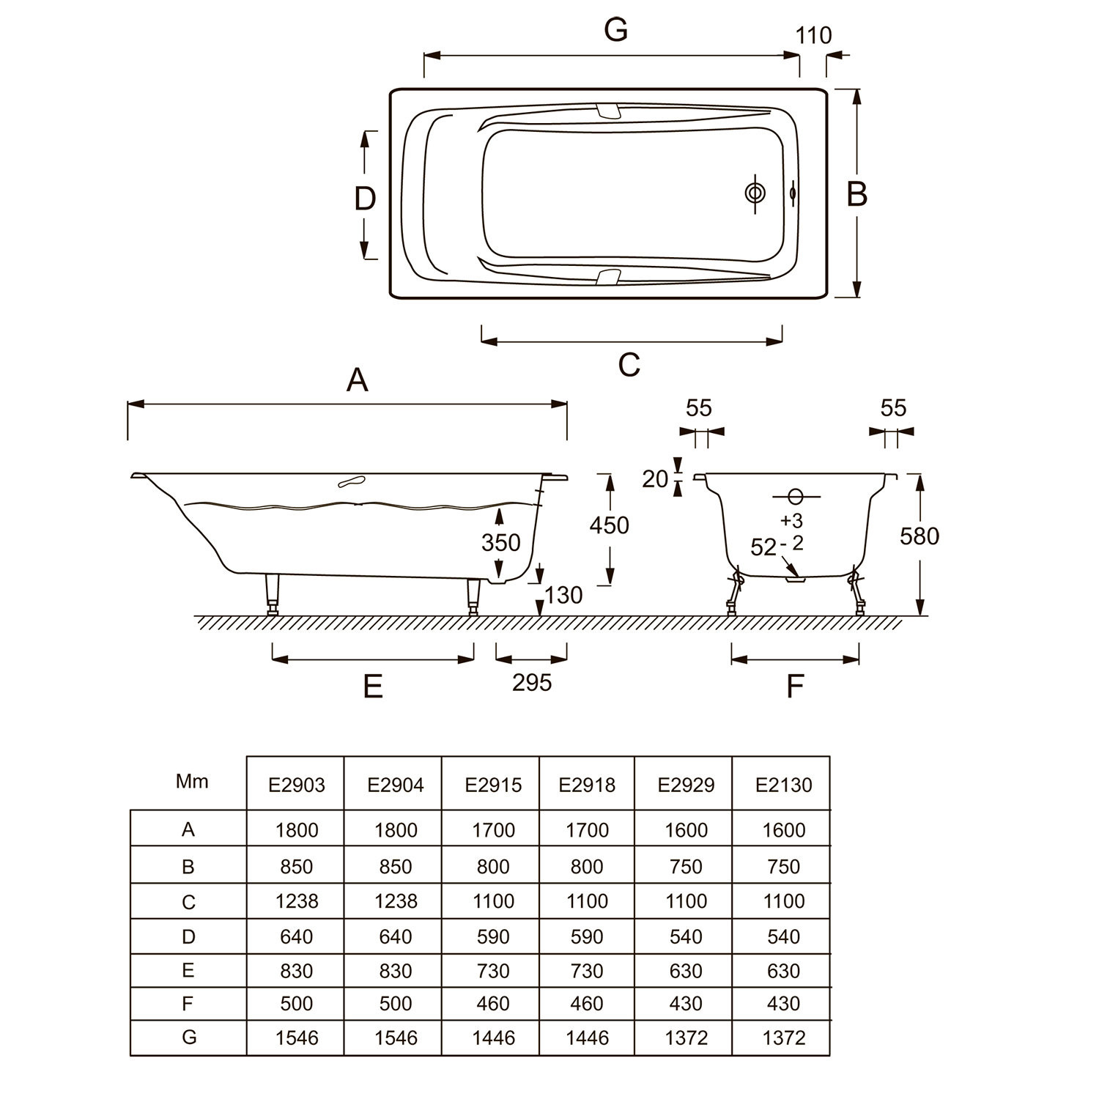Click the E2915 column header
coord(493,785)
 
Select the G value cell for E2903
coord(297,1037)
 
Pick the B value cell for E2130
coord(783,866)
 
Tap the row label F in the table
coord(188,1003)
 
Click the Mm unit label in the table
coord(192,781)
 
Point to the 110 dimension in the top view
coord(813,35)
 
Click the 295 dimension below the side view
coord(532,683)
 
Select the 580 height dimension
coord(919,536)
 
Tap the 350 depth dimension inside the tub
coord(501,542)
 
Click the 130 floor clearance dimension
coord(563,595)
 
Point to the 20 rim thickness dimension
coord(656,479)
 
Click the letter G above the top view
coord(616,30)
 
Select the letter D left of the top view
coord(365,199)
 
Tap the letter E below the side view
coord(373,687)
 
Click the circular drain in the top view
coord(755,193)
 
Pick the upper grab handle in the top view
coord(609,110)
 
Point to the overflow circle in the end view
coord(796,497)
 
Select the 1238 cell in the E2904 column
coord(396,900)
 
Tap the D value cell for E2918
coord(587,936)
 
